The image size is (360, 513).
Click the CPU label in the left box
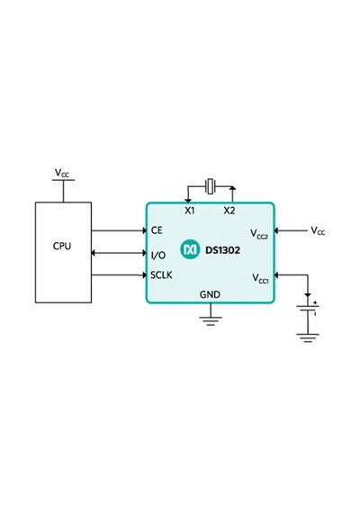62,246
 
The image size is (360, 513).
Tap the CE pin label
157,230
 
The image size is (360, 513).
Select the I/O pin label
158,255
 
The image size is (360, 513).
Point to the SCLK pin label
161,274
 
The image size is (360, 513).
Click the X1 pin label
190,211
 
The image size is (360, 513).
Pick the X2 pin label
229,211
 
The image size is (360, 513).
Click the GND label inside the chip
210,294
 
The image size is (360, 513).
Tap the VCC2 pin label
259,234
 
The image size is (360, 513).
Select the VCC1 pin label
260,278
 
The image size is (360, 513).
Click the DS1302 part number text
222,250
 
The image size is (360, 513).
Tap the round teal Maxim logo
190,249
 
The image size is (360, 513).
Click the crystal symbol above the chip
210,186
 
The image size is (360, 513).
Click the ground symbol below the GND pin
211,321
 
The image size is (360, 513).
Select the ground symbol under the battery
308,338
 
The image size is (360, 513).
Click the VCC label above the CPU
62,173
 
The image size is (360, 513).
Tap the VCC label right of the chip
318,230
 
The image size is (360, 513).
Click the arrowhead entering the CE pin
144,230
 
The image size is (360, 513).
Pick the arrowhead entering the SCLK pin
144,274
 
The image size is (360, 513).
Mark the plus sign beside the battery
315,303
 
